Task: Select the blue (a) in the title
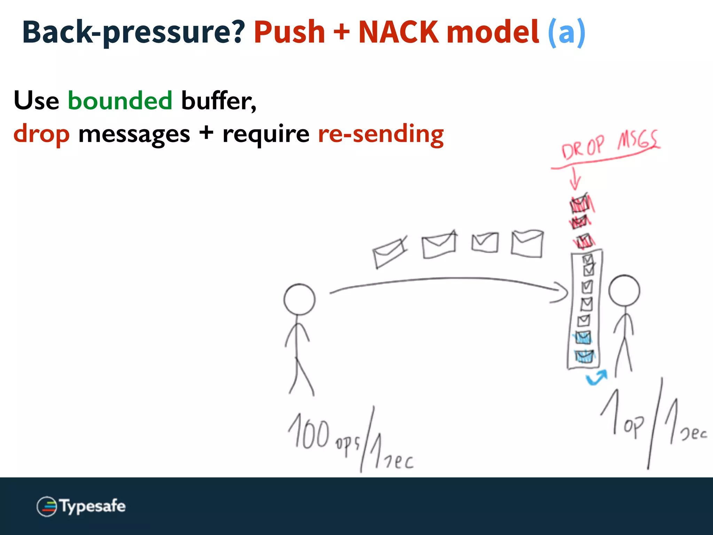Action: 566,32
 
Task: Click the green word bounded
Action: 120,100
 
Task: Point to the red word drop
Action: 41,134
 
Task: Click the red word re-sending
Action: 381,134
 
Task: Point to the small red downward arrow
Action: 575,179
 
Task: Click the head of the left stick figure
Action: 299,300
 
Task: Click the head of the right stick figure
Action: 624,291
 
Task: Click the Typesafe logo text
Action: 93,506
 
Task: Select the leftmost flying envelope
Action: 389,253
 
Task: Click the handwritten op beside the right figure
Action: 633,426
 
